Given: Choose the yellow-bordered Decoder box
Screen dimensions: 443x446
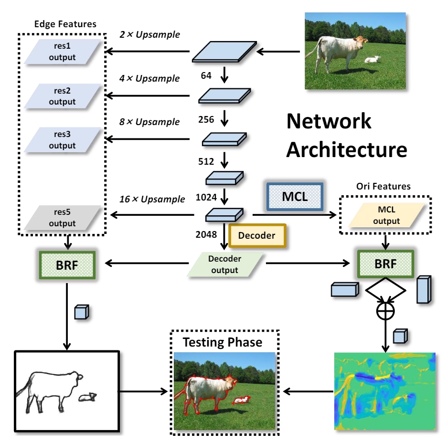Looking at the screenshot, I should [257, 236].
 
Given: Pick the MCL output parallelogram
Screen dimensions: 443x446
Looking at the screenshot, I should [386, 216].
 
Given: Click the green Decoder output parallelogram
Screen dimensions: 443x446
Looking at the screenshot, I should [224, 264].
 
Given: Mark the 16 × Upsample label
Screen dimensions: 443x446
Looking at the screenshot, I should [152, 199].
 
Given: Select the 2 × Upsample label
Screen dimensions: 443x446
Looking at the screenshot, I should [149, 35].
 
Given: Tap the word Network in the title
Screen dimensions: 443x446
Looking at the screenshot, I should [329, 121].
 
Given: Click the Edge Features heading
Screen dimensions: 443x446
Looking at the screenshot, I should [65, 24].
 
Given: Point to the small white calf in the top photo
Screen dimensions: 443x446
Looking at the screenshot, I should [372, 60].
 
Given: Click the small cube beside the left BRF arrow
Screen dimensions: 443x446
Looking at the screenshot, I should [81, 312].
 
